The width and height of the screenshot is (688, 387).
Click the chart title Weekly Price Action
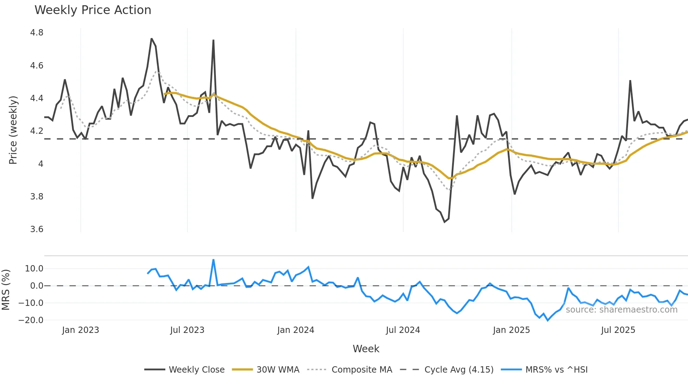93,10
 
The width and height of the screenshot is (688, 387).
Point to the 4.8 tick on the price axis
37,33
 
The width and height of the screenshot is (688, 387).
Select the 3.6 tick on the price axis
37,229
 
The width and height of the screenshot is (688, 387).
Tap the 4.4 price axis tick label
37,98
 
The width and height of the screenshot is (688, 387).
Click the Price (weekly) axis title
13,130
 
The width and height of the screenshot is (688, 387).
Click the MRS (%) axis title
6,290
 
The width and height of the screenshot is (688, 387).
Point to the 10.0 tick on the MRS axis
34,269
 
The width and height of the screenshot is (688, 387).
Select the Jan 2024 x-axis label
296,330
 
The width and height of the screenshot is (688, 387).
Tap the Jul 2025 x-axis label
618,330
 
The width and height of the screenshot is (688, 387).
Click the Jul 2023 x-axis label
187,330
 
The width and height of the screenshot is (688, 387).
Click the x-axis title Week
366,349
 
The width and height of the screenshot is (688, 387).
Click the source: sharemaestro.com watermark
621,310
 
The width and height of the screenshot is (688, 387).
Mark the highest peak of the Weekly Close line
151,39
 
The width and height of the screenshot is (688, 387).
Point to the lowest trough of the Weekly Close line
444,222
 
